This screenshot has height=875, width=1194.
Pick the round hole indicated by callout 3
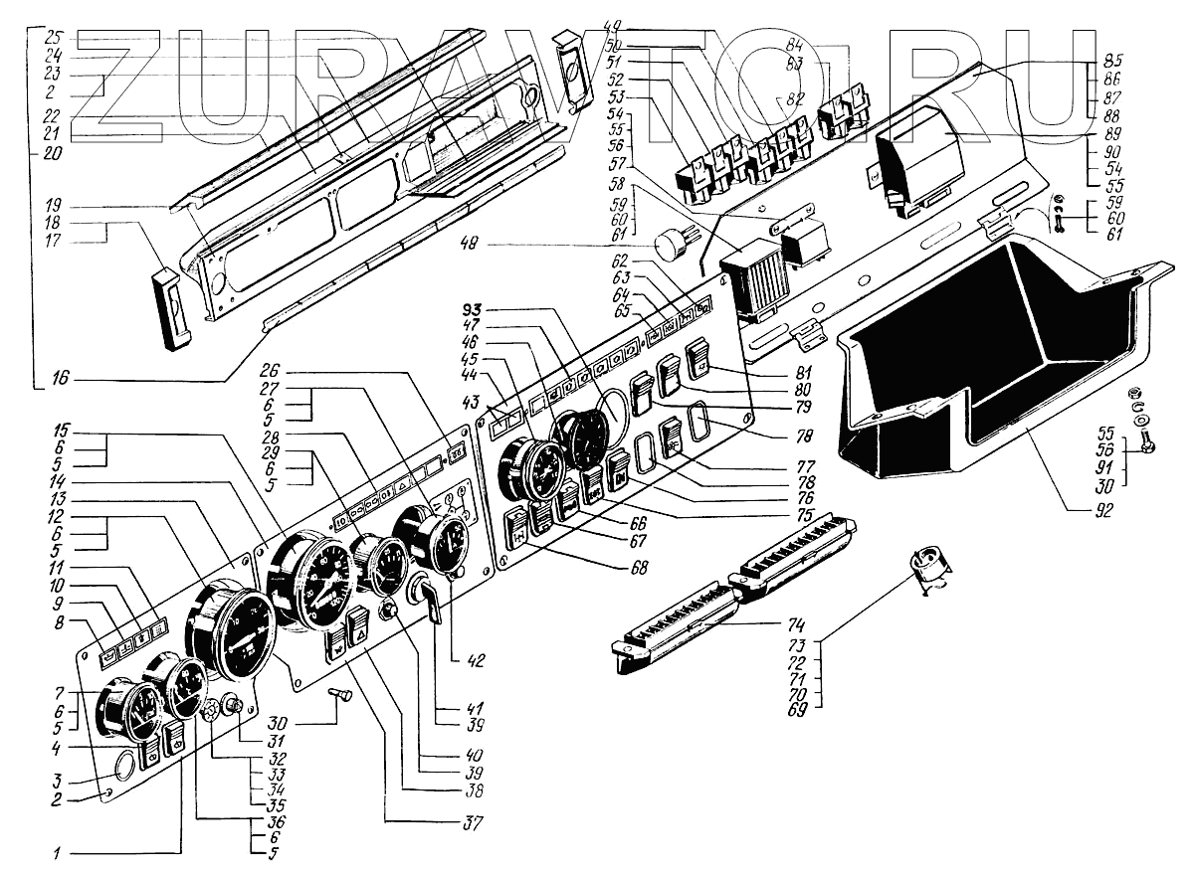point(123,766)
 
